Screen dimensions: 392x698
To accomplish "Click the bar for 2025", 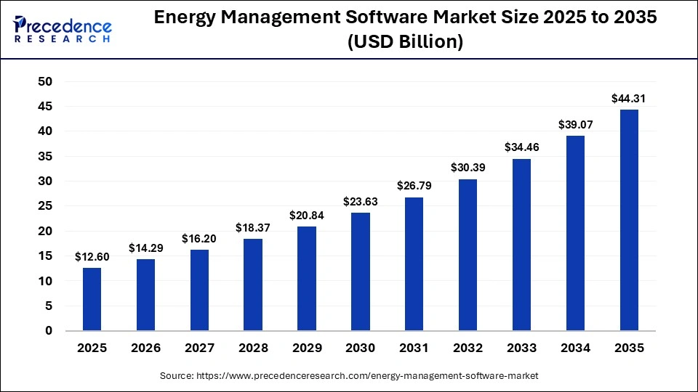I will point(92,299).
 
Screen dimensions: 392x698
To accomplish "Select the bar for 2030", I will point(360,271).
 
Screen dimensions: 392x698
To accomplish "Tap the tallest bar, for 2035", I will point(628,220).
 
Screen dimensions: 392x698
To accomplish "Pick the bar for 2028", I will point(253,285).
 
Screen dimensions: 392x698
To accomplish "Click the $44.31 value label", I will point(628,99).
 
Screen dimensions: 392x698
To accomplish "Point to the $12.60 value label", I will point(92,257).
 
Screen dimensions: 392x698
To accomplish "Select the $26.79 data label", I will point(414,187).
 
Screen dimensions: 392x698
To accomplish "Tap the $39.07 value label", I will point(575,125).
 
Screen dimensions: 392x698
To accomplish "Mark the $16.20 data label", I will point(199,239).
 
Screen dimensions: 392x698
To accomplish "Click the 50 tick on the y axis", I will point(45,82).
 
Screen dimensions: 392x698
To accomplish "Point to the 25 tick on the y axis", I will point(45,206).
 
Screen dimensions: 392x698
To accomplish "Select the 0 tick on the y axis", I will point(49,331).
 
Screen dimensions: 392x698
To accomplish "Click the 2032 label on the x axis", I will point(468,348).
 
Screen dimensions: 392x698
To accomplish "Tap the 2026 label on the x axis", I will point(145,348).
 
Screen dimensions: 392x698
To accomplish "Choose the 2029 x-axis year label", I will point(307,348).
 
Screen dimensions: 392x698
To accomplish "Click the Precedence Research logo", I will point(62,29).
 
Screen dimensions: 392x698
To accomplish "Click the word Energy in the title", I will point(185,20).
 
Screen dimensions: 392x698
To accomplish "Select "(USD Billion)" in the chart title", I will point(406,42).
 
